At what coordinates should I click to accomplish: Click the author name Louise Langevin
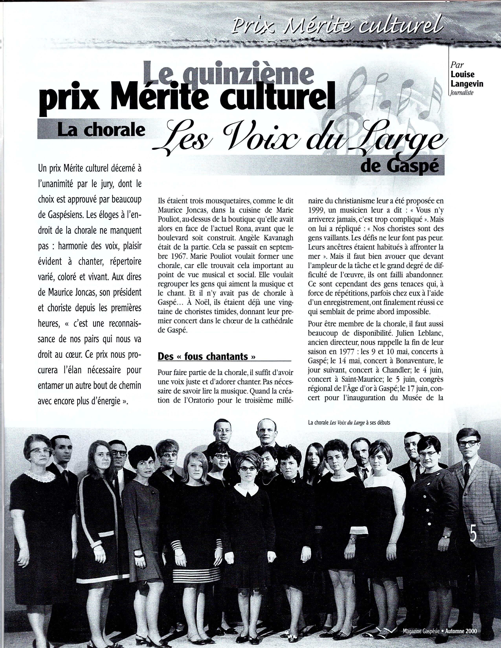click(467, 79)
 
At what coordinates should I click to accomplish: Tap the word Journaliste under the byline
click(461, 92)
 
